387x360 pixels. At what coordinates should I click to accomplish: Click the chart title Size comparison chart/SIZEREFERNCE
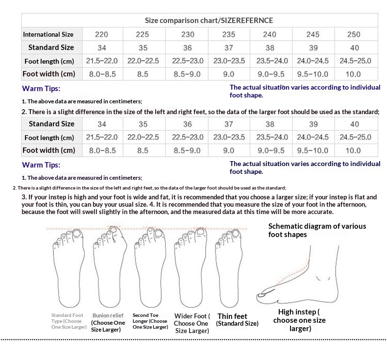[x=209, y=21]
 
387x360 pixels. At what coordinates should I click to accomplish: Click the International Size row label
[x=48, y=34]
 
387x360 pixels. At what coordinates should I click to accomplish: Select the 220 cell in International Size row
[x=102, y=34]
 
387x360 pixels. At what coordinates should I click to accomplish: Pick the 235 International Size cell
[x=228, y=34]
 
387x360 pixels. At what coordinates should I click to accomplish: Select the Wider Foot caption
[x=192, y=323]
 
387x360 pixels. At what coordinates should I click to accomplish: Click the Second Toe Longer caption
[x=149, y=321]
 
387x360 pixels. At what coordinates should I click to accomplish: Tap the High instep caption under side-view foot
[x=299, y=320]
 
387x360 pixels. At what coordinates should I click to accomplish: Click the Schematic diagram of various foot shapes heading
[x=317, y=230]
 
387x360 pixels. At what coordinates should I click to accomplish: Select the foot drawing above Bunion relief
[x=108, y=267]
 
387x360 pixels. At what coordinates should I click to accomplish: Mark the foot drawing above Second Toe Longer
[x=149, y=267]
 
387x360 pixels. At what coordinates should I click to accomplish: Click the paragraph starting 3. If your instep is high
[x=199, y=204]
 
